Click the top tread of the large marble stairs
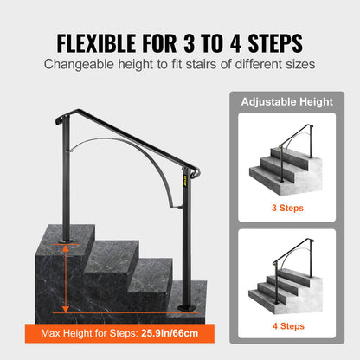[x=73, y=232]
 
